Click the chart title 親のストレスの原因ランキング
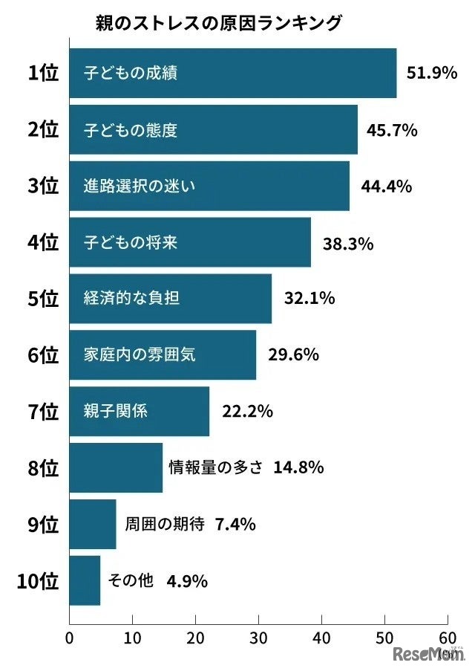[219, 23]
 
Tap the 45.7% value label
[392, 130]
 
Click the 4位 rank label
[42, 242]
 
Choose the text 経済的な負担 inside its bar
[131, 299]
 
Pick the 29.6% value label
[293, 354]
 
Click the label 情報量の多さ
[215, 467]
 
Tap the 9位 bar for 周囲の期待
[92, 524]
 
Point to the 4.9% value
[186, 580]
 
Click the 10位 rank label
[37, 580]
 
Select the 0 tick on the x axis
[69, 638]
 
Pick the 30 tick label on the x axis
[258, 638]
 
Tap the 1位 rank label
[42, 73]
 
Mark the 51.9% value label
[431, 74]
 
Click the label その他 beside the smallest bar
[131, 580]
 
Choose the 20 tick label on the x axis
[195, 638]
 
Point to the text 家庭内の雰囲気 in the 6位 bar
[140, 354]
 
